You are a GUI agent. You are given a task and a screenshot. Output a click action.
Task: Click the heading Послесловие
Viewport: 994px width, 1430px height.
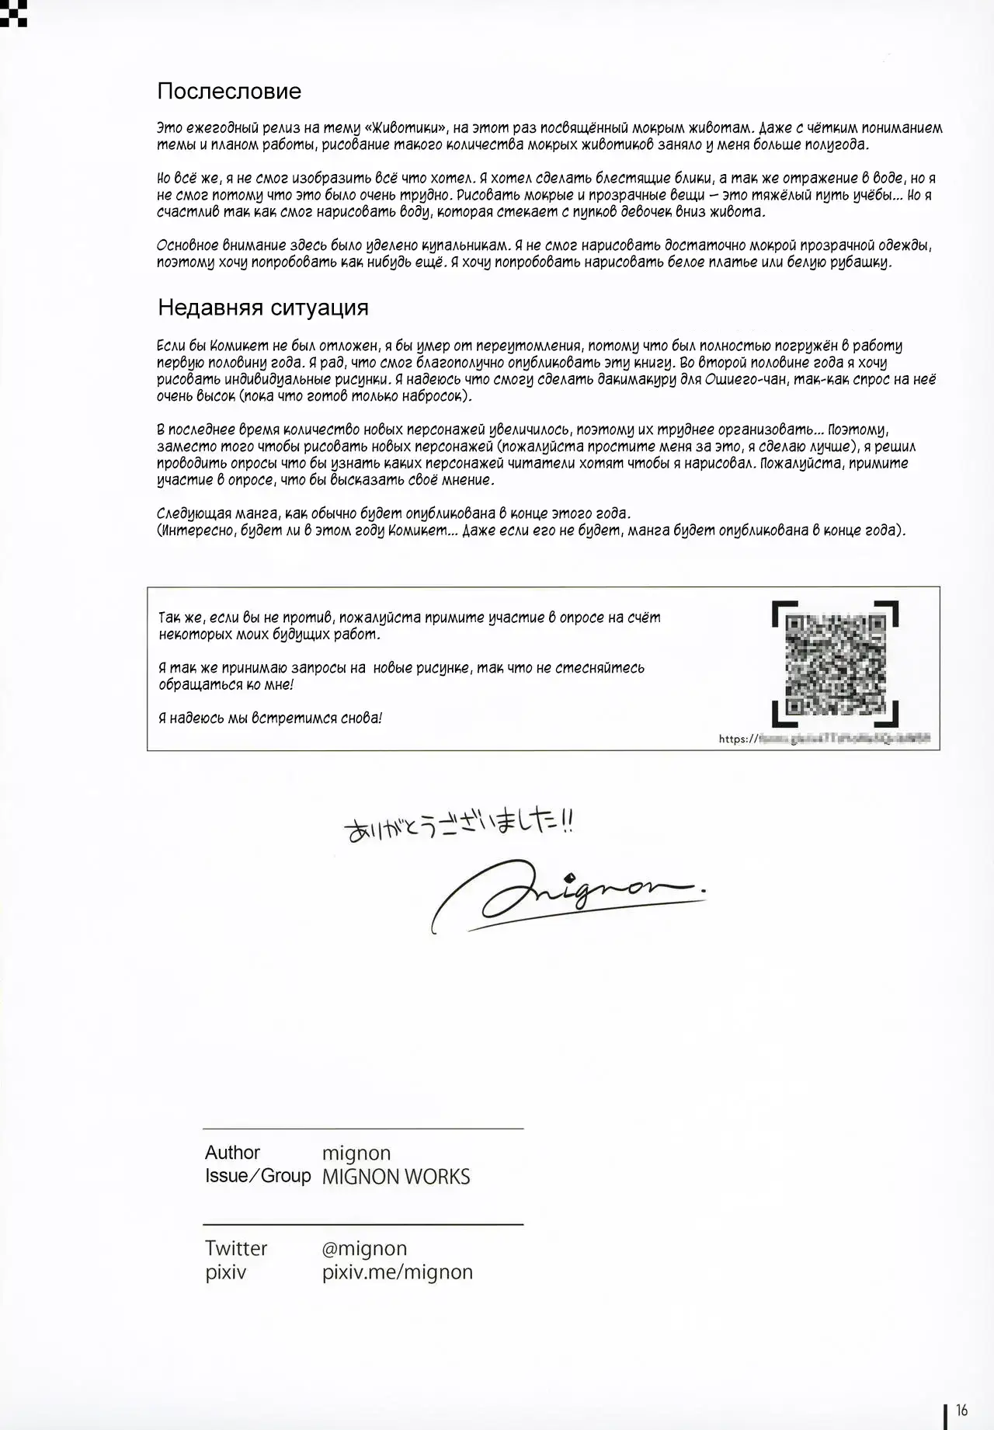tap(229, 92)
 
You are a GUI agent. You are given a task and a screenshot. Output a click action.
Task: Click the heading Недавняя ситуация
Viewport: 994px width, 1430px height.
tap(263, 308)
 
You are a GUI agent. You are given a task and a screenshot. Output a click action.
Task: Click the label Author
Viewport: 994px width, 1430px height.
tap(232, 1153)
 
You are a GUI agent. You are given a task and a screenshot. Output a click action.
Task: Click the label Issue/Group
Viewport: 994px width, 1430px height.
tap(258, 1176)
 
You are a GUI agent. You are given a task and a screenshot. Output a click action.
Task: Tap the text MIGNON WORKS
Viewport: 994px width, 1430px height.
tap(396, 1177)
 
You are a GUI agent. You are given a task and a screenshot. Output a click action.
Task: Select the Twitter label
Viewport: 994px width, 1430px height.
tap(236, 1248)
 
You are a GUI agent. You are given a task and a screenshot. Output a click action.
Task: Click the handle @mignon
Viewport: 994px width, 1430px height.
tap(364, 1248)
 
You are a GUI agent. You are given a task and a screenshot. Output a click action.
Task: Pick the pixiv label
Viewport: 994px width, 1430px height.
tap(225, 1272)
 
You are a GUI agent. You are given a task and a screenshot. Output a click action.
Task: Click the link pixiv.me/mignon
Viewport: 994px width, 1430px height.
tap(398, 1272)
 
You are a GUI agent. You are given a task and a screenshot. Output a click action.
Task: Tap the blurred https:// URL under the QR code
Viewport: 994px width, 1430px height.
tap(825, 739)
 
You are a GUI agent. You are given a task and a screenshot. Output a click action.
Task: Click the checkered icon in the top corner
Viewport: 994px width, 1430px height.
tap(14, 12)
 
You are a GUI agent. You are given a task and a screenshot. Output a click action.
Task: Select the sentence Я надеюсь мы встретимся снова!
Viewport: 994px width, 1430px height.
tap(270, 718)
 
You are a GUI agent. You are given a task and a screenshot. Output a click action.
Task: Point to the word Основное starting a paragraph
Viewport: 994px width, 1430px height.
tap(188, 246)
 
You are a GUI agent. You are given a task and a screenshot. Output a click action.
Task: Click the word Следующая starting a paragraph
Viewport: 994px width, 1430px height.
tap(192, 513)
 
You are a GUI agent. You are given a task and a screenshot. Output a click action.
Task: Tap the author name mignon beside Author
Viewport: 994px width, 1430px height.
tap(356, 1153)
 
